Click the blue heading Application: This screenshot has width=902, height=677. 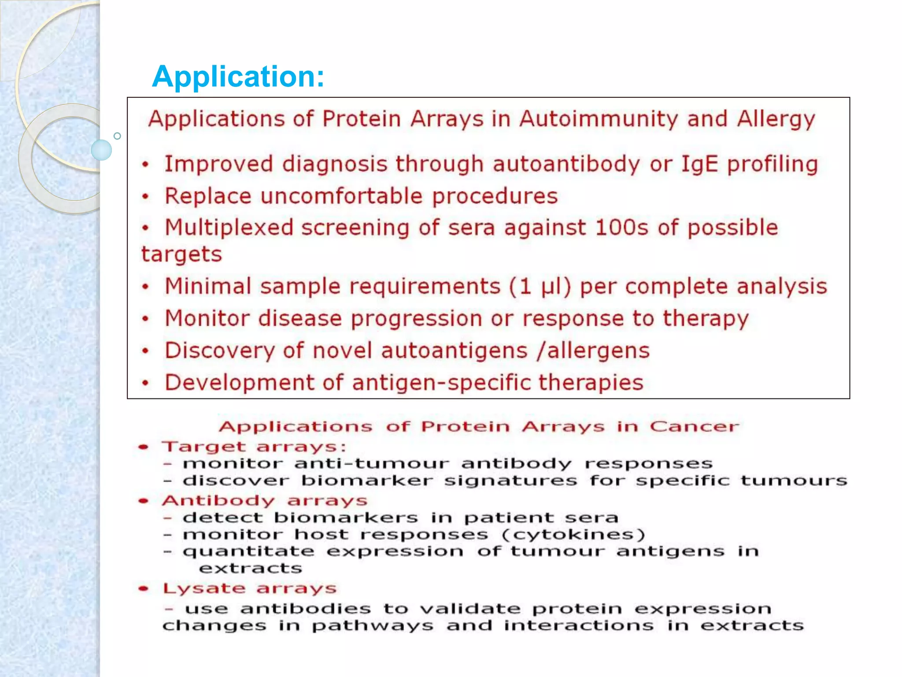tap(238, 77)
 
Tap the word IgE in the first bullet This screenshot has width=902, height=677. tap(700, 164)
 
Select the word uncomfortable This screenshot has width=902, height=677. tap(341, 196)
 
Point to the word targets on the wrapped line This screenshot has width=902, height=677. tap(181, 254)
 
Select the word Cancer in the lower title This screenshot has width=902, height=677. tap(694, 426)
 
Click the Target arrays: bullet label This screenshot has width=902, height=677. tap(254, 446)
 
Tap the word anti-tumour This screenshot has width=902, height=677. tap(372, 464)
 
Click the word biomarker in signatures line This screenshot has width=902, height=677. tap(367, 480)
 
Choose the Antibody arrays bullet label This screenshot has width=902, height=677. tap(264, 501)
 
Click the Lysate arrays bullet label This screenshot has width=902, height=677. tap(249, 588)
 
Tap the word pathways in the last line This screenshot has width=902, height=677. tap(373, 626)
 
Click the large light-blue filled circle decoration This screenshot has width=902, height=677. tap(101, 150)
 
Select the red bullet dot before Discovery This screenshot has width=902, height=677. tap(146, 351)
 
